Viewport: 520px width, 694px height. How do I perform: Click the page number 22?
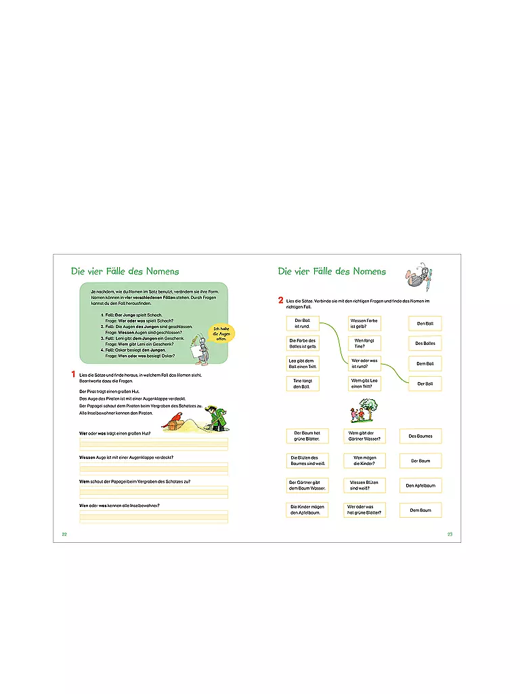pyautogui.click(x=64, y=534)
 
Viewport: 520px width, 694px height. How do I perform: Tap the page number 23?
pyautogui.click(x=450, y=534)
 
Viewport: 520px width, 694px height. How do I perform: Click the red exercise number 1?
pyautogui.click(x=73, y=375)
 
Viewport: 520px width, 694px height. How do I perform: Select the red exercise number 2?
pyautogui.click(x=280, y=300)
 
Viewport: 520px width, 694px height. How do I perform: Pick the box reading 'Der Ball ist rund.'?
pyautogui.click(x=302, y=323)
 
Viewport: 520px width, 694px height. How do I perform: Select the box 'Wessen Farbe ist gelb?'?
pyautogui.click(x=365, y=323)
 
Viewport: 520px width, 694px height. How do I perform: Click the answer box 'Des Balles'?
pyautogui.click(x=425, y=344)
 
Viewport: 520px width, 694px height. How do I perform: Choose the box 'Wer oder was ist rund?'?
pyautogui.click(x=365, y=363)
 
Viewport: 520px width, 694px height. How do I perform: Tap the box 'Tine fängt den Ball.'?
pyautogui.click(x=302, y=384)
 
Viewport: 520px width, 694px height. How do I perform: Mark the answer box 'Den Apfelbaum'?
pyautogui.click(x=420, y=485)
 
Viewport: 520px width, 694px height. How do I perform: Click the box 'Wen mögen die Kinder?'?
pyautogui.click(x=365, y=461)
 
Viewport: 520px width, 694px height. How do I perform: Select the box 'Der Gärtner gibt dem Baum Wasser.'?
pyautogui.click(x=307, y=485)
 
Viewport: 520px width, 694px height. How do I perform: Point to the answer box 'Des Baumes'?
pyautogui.click(x=420, y=436)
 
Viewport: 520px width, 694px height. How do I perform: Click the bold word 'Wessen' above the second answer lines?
pyautogui.click(x=87, y=457)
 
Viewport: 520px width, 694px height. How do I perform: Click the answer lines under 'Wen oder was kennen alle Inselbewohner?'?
pyautogui.click(x=154, y=516)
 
